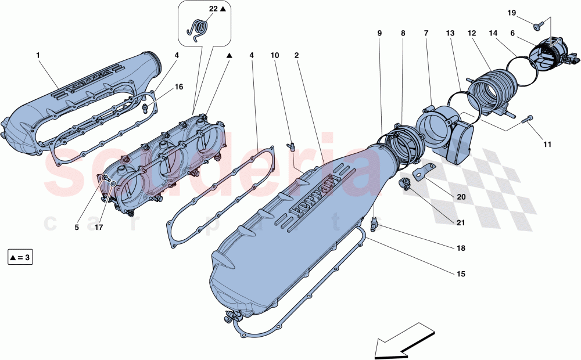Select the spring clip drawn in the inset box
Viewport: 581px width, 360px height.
point(199,30)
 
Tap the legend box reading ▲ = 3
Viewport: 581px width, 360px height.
point(20,257)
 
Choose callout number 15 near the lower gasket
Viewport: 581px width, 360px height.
point(460,273)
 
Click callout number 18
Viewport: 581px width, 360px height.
point(460,248)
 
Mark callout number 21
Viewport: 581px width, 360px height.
point(460,222)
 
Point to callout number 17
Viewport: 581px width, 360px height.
point(99,228)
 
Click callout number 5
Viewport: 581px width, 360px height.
point(77,228)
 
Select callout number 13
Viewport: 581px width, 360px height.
point(450,34)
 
